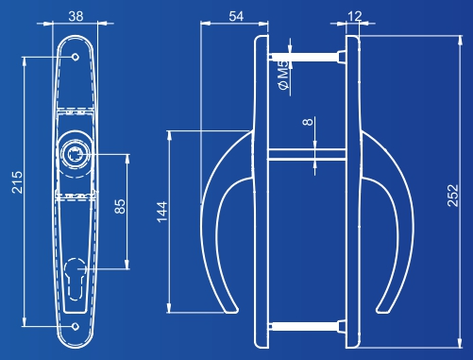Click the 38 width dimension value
pos(76,16)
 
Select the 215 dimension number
pos(17,182)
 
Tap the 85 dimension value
pos(120,207)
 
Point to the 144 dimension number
pos(162,212)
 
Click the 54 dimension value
pos(236,16)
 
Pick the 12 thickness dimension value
pos(355,16)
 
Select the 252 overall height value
pos(453,196)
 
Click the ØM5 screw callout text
pos(283,75)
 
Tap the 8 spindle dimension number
pos(308,122)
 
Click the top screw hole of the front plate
pos(76,57)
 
